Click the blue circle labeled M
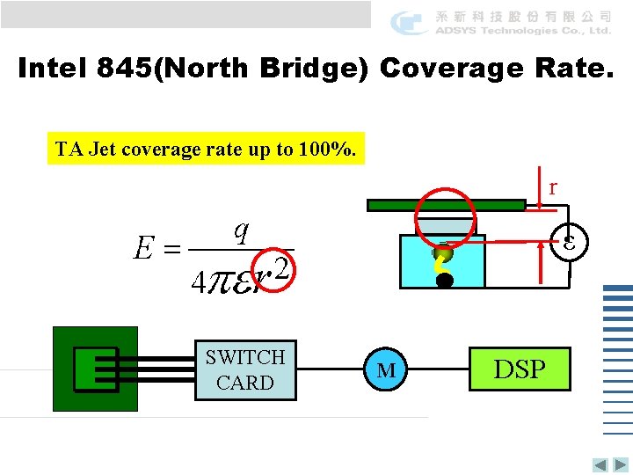click(386, 369)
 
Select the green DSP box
click(520, 369)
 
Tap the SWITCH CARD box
click(245, 369)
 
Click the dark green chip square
click(95, 369)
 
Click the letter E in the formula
click(143, 250)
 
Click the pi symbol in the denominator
click(222, 282)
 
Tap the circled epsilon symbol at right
click(569, 240)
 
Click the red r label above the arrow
click(552, 187)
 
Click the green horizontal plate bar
click(449, 206)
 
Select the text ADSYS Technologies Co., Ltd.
click(522, 31)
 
